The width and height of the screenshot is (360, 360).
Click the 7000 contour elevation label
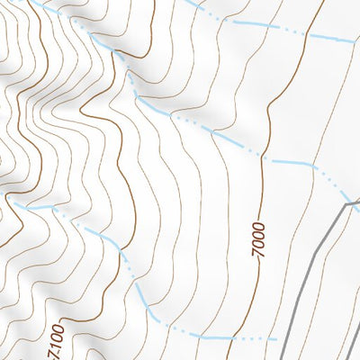coord(259,240)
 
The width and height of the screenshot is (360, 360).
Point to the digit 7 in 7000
coord(259,256)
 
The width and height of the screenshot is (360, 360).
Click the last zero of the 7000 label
coord(259,225)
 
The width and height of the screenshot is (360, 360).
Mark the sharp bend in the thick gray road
coord(345,206)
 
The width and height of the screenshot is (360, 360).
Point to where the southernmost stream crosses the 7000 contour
coord(229,337)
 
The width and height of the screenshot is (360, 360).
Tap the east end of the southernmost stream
coord(276,339)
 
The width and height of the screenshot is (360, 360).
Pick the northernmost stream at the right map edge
coord(358,41)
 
